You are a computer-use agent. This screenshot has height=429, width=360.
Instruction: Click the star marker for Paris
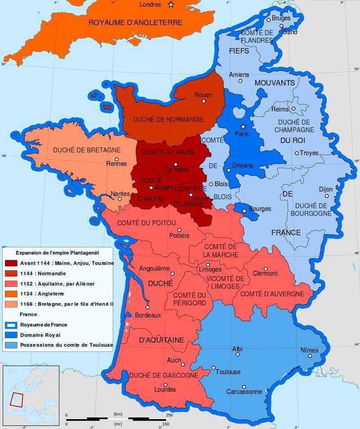point(243,126)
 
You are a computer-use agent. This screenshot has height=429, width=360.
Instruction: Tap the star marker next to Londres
point(171,4)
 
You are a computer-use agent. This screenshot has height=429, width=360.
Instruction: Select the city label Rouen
point(203,95)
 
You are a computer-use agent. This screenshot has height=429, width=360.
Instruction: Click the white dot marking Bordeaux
point(147,308)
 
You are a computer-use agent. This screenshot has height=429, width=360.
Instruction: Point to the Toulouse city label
point(228,372)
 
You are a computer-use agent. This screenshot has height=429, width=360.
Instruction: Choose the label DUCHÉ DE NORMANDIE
point(168,120)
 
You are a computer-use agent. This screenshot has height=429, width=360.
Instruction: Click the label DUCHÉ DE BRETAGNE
point(87,150)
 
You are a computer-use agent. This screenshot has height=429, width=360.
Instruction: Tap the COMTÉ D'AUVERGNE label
point(272,294)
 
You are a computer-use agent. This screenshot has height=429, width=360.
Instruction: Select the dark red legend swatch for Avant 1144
point(11,263)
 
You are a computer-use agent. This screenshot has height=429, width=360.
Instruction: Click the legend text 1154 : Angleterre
point(42,294)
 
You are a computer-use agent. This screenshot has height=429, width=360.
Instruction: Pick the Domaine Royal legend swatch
point(11,335)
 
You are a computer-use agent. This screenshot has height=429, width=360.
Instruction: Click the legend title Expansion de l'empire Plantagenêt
point(57,253)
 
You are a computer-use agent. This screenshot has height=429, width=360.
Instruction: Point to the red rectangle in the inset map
point(17,399)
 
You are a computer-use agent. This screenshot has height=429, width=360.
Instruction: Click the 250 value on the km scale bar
point(169,415)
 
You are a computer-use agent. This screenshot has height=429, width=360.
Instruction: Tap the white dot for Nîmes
point(310,356)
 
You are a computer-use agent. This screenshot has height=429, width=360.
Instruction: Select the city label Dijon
point(326,189)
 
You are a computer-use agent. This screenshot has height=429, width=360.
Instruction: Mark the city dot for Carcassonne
point(244,387)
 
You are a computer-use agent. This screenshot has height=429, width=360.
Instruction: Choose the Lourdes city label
point(165,389)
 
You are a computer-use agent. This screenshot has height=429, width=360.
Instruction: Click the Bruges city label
point(281,18)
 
